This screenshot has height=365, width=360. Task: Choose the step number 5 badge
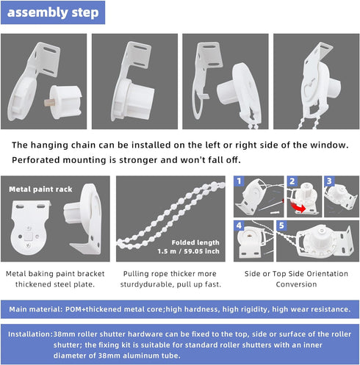tap(283, 226)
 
